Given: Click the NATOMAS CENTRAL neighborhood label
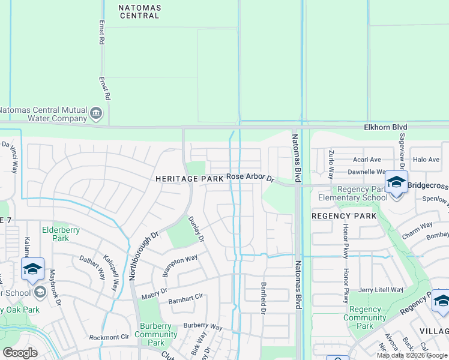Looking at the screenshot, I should pos(131,10).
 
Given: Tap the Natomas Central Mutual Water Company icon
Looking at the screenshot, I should pos(95,113).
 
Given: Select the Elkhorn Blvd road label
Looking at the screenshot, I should pos(385,127).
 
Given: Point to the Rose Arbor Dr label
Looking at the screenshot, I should pos(250,178).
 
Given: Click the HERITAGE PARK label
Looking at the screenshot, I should pos(189,179).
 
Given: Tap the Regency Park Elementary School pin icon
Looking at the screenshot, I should pos(396,182).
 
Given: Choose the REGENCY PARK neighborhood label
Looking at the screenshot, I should pos(344,215).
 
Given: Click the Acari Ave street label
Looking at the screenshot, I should pos(367,160).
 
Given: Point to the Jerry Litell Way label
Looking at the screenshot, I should pos(380,289).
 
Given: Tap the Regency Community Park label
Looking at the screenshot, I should pos(365,318).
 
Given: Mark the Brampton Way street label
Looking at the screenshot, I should pos(180,266).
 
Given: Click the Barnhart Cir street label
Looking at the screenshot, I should pos(186,301).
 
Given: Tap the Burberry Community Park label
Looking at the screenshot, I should pos(155,334).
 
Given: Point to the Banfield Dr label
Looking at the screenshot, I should pos(263,298).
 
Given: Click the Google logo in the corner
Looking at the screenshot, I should pos(20,353).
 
